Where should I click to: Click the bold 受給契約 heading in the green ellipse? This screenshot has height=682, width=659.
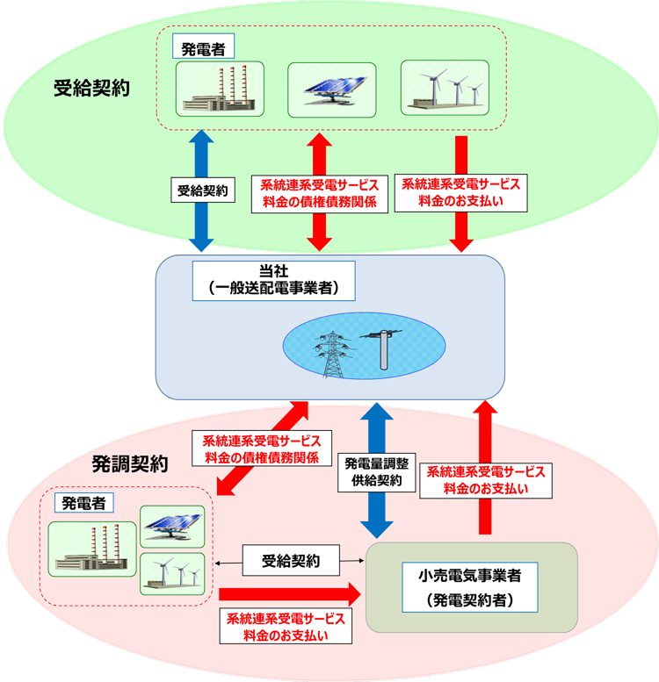click(91, 89)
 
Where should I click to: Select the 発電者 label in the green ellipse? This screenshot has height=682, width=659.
click(203, 49)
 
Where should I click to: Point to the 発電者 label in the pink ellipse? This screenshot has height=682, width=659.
click(85, 503)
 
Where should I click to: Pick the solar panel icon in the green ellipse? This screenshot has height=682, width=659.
click(331, 89)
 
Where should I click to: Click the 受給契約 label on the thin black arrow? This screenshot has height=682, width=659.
click(292, 559)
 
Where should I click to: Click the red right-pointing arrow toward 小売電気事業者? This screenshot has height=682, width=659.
click(290, 592)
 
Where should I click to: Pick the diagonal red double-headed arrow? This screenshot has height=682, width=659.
click(263, 448)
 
